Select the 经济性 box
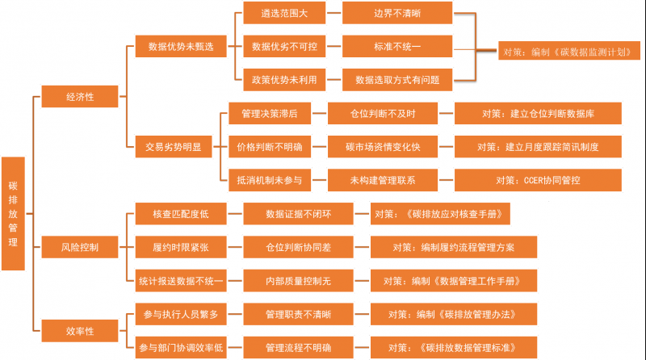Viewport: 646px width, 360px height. pos(80,97)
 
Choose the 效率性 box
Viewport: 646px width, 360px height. pos(80,331)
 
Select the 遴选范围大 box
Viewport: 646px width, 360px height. pos(280,14)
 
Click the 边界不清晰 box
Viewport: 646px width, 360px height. pos(397,14)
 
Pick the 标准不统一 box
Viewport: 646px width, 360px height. pos(397,47)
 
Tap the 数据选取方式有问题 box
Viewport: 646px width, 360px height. pos(397,80)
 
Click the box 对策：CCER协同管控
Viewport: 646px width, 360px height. pos(538,179)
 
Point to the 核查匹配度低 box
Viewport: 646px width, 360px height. pos(180,214)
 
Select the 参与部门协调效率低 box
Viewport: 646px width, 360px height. pos(180,347)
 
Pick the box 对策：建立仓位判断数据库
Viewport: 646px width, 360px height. pos(538,114)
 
